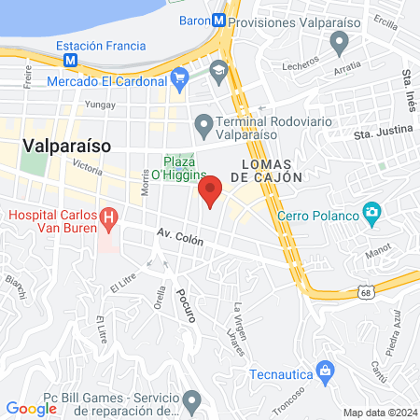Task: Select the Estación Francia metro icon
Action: [x=70, y=60]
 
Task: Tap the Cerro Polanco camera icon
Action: [x=372, y=216]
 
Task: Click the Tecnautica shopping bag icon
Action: [x=325, y=373]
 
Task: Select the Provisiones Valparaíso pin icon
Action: [x=340, y=41]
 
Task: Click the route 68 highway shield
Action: [x=362, y=294]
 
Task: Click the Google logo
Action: [x=31, y=409]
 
